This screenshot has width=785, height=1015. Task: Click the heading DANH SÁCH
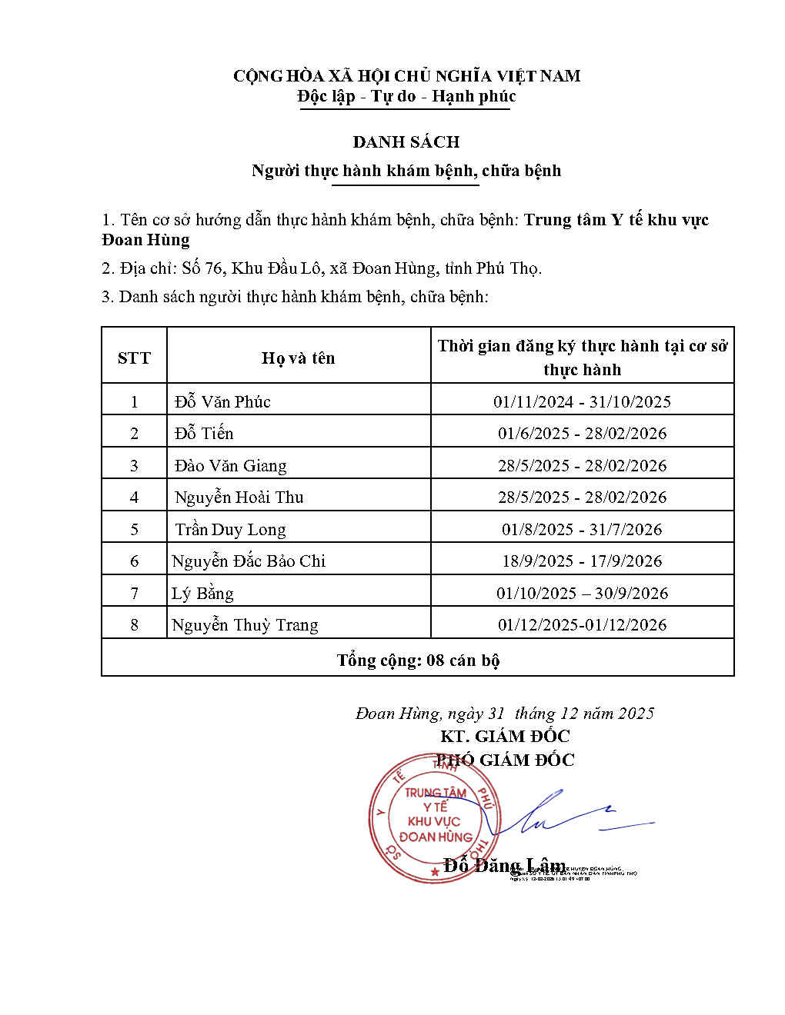[406, 141]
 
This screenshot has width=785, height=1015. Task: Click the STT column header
[134, 358]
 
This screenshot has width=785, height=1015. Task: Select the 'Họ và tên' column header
[298, 358]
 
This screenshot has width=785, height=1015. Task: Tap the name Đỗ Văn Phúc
[222, 401]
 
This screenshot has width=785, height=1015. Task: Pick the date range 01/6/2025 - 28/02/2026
[582, 433]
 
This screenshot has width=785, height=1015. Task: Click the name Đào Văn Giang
[230, 465]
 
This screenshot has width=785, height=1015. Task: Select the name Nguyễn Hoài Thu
[239, 497]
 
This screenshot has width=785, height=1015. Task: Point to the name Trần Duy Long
[230, 529]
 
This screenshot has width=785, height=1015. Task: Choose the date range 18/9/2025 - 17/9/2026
[582, 561]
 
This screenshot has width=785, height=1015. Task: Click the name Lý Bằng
[202, 593]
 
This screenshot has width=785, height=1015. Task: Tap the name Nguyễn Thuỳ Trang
[245, 624]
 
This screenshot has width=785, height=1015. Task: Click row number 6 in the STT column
[134, 561]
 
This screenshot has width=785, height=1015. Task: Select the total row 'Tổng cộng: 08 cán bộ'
[418, 660]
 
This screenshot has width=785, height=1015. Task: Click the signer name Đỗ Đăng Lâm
[504, 865]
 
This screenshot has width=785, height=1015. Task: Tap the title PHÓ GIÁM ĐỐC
[505, 760]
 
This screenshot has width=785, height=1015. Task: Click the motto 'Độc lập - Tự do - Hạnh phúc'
[406, 96]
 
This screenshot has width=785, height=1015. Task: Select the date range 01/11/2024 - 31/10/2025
[582, 401]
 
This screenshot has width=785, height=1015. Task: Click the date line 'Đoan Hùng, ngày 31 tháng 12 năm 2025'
[504, 714]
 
